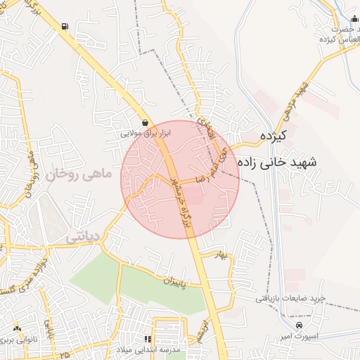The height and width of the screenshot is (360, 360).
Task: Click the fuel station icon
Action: tap(65, 27)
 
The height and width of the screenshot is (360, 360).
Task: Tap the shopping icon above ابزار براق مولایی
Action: tap(145, 122)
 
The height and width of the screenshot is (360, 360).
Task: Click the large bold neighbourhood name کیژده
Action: tap(275, 136)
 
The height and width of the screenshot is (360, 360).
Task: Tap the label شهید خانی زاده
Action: tap(278, 162)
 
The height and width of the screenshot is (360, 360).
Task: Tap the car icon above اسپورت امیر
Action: tap(300, 327)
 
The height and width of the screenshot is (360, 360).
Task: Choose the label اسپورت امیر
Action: tap(300, 337)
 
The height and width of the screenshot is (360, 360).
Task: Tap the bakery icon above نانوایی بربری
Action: tap(16, 328)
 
